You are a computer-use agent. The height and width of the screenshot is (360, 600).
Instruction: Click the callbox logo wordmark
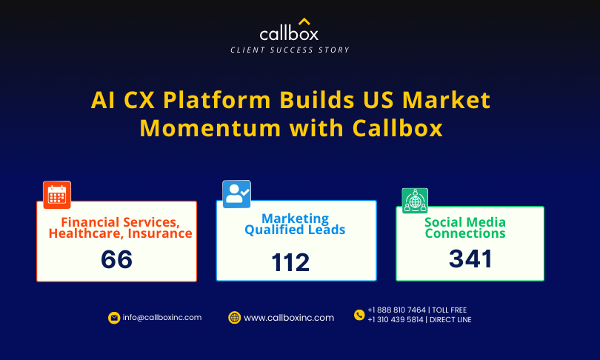pos(289,33)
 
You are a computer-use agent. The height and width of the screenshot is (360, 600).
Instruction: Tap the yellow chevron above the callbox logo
pos(304,21)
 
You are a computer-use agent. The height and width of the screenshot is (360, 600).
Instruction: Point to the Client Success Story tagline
pos(290,50)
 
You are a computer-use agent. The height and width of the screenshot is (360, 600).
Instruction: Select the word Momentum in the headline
pos(210,128)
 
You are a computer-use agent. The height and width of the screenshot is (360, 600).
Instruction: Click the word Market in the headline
pos(446,100)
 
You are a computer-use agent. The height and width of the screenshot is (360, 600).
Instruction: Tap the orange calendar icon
pos(57,195)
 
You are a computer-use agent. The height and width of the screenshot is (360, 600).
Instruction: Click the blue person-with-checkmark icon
pos(236,194)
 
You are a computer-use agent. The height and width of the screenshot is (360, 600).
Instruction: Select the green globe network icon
pos(415,201)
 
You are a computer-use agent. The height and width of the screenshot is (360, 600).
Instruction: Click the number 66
pos(117,259)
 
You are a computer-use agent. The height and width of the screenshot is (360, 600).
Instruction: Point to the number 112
pos(290,262)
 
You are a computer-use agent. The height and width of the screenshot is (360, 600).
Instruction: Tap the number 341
pos(470,259)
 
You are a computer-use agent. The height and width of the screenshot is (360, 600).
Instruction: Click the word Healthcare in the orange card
pos(86,233)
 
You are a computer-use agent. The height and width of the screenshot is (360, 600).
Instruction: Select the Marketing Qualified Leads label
pos(295,224)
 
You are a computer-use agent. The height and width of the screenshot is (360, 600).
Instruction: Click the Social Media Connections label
pos(465,227)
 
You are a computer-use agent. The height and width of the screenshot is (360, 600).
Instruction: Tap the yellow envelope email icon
pos(114,318)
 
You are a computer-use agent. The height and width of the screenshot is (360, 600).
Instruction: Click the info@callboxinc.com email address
pos(162,318)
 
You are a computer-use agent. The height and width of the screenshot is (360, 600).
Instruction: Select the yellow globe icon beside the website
pos(235,318)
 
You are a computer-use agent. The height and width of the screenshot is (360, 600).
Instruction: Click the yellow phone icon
pos(359,315)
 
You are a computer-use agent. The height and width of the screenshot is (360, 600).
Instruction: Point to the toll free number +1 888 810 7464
pos(397,310)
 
